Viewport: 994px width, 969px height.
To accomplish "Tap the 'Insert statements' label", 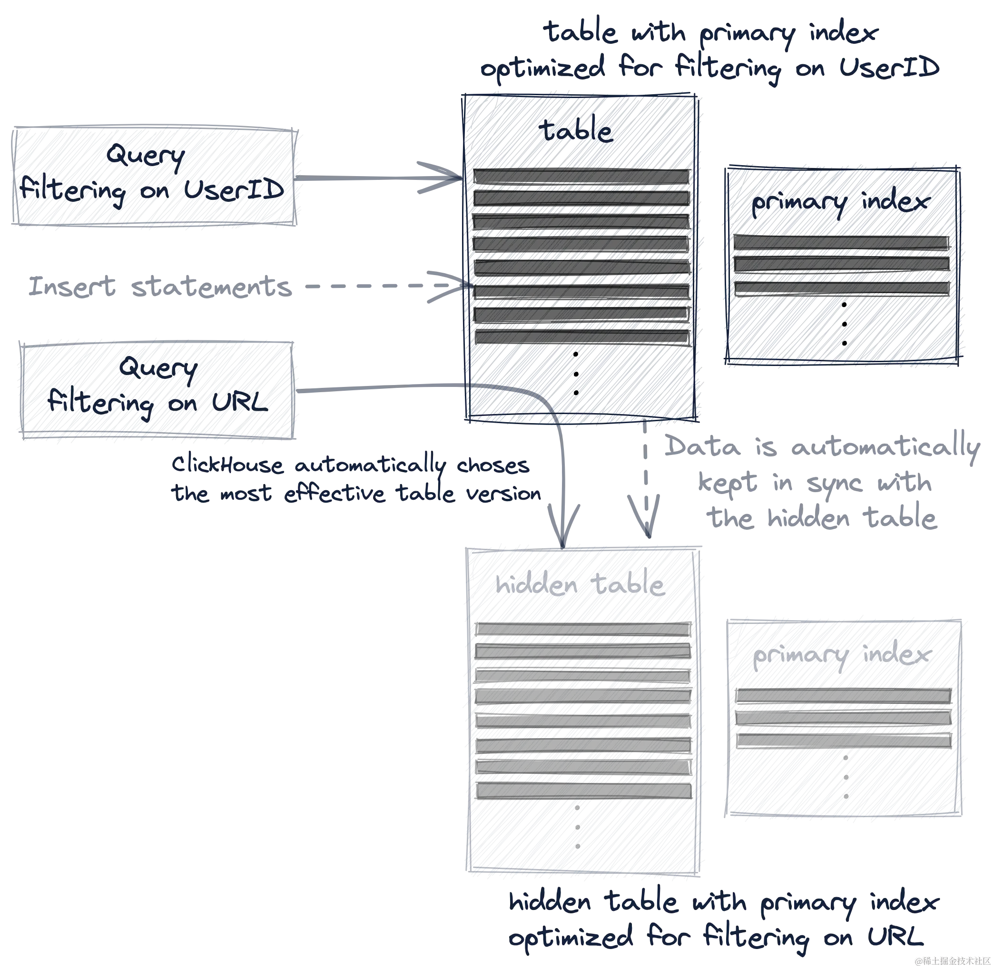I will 159,287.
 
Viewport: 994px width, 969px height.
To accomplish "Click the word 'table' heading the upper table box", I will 575,131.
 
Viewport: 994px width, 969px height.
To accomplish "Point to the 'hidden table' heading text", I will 579,585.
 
